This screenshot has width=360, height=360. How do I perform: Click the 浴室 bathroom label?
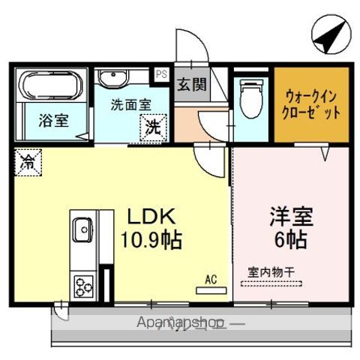[52, 120]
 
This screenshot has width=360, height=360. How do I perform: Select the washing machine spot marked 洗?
[153, 127]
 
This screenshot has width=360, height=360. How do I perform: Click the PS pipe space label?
[161, 74]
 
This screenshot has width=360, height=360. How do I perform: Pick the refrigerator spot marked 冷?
[26, 160]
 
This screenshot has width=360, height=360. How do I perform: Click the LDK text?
[150, 217]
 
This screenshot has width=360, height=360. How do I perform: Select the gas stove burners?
[82, 286]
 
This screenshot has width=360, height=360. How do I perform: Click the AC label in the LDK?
[211, 280]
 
